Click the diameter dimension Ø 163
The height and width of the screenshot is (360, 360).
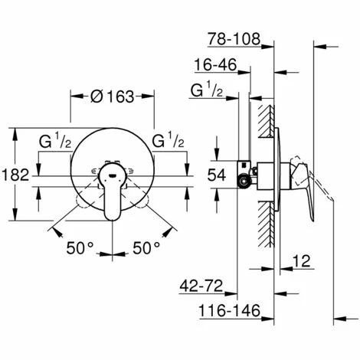pos(112,97)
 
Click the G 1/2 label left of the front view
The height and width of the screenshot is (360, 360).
pos(56,142)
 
